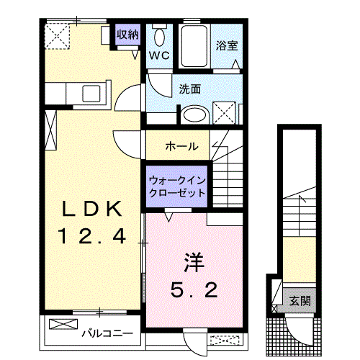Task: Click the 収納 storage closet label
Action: [127, 35]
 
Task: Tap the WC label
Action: [159, 55]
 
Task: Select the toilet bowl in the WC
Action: [159, 37]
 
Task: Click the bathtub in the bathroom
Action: [194, 46]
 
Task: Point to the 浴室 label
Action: [227, 45]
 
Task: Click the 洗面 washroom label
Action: [190, 89]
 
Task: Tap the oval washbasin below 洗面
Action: [195, 114]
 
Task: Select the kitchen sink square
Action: [91, 94]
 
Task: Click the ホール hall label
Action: [182, 146]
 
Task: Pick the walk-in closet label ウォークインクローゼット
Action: [177, 186]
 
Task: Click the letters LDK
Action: [92, 209]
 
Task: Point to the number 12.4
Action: [92, 236]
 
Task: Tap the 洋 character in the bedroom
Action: [194, 263]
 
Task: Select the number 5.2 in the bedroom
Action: [194, 289]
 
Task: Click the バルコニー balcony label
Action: [107, 333]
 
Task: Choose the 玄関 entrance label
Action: [300, 301]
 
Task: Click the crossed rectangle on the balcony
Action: [63, 324]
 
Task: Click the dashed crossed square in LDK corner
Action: [58, 36]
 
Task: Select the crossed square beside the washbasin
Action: [224, 113]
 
